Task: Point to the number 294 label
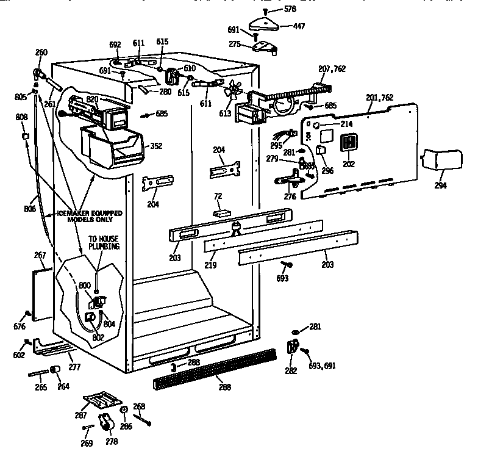coord(440,186)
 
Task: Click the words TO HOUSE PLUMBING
coord(104,243)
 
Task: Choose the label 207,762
coord(332,69)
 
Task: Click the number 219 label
coord(212,267)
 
